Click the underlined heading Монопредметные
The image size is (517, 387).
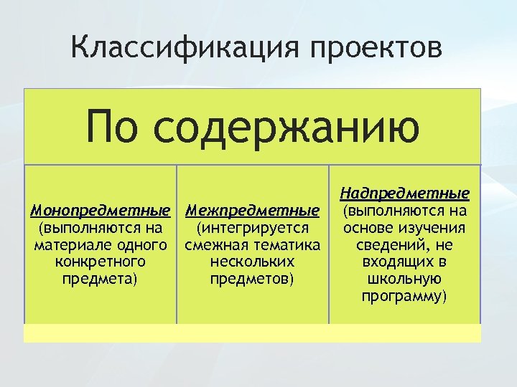(x=101, y=211)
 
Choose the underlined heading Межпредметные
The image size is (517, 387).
(x=252, y=211)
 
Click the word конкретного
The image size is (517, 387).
(x=101, y=262)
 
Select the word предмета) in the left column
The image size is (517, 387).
(x=101, y=278)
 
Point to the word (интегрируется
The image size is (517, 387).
(x=252, y=229)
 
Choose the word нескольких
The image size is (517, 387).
(x=252, y=262)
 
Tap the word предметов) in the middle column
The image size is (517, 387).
(x=252, y=278)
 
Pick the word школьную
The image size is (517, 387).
(x=405, y=278)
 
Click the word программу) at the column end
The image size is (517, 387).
(x=405, y=295)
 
